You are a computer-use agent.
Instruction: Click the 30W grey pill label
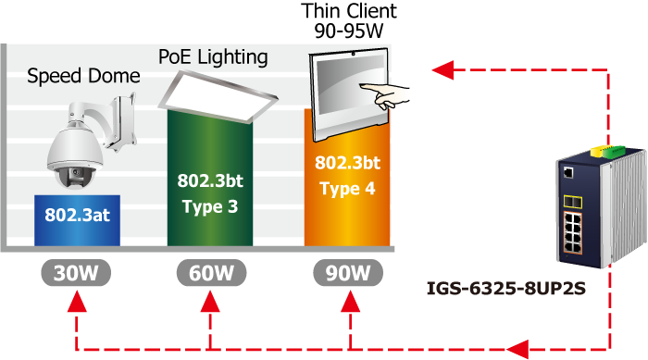(76, 273)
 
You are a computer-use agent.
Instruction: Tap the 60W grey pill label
(212, 273)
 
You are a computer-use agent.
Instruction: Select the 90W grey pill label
(348, 273)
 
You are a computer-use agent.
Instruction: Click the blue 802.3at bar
(77, 220)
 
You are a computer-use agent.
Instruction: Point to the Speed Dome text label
(83, 76)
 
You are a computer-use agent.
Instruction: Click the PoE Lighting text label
(213, 57)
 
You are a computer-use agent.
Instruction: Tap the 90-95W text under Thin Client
(349, 31)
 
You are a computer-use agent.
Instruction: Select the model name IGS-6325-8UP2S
(505, 288)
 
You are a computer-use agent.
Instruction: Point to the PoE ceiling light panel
(218, 96)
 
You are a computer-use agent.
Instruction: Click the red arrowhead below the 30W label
(77, 301)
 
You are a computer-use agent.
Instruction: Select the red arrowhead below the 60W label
(210, 301)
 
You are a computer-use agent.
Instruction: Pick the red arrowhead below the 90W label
(351, 301)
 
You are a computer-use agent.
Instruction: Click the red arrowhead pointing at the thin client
(443, 69)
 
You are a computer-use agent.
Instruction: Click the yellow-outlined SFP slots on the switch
(573, 202)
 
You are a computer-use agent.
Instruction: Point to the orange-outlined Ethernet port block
(572, 232)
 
